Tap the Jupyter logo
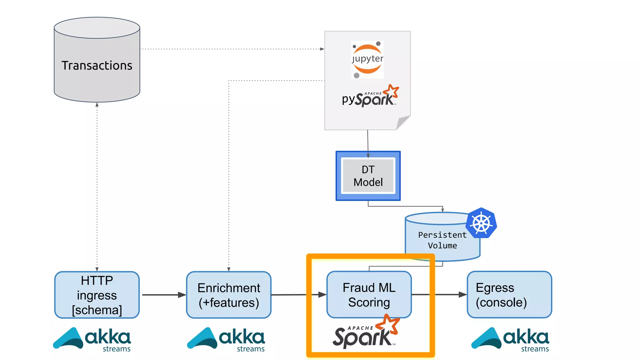tap(367, 59)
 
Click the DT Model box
tap(368, 176)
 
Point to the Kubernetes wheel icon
tap(481, 223)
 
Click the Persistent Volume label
tap(442, 240)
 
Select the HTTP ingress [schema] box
tap(97, 295)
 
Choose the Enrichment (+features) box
tap(229, 295)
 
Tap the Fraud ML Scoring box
tap(369, 294)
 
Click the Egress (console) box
tap(509, 294)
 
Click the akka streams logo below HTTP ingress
tap(92, 339)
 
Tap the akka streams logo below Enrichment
tap(226, 339)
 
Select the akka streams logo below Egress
tap(510, 339)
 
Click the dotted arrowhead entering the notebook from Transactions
tap(322, 49)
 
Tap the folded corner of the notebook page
tap(403, 122)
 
